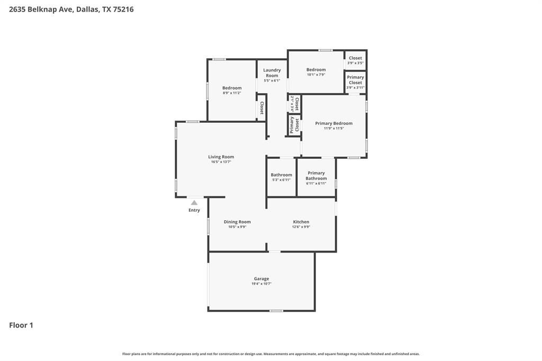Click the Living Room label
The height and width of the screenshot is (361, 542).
click(x=221, y=157)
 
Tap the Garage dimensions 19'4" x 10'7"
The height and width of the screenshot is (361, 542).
click(x=261, y=284)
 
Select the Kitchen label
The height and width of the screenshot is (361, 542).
click(x=301, y=222)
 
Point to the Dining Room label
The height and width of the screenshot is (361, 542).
click(x=237, y=222)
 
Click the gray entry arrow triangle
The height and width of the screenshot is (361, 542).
click(x=194, y=203)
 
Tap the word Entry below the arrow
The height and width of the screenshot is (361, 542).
click(x=194, y=210)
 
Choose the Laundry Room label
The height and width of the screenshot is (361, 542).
click(x=272, y=73)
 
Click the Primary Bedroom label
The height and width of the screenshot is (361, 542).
click(x=333, y=123)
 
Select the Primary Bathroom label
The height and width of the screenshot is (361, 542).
click(x=316, y=176)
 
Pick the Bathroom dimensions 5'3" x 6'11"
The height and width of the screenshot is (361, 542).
click(x=281, y=180)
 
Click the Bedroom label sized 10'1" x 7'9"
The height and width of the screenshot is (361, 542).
click(x=316, y=69)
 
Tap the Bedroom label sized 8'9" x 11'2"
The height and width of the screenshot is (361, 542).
click(x=232, y=88)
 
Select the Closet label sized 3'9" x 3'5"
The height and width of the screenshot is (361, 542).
click(x=355, y=58)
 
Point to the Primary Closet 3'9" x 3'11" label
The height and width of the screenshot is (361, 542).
click(x=355, y=80)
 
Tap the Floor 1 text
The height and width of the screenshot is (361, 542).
click(x=21, y=325)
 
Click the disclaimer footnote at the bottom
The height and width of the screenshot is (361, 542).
click(x=271, y=354)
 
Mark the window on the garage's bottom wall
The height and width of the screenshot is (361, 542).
click(x=276, y=311)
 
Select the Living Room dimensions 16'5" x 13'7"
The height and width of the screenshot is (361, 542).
click(x=221, y=162)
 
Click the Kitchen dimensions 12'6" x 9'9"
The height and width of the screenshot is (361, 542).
click(x=301, y=227)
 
